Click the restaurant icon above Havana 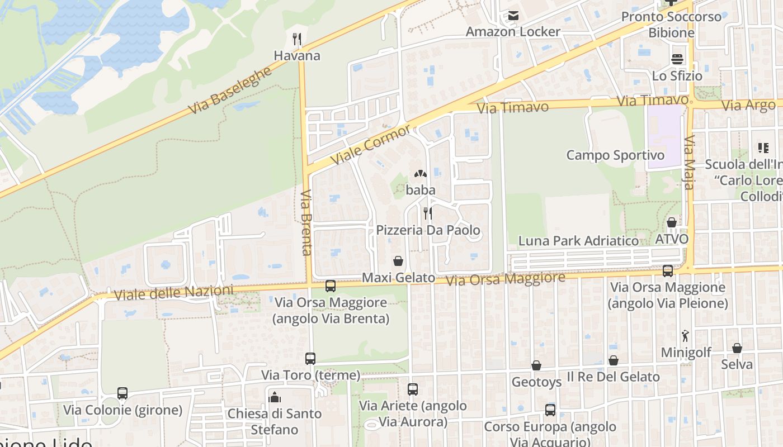(x=297, y=39)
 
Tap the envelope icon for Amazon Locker (x=513, y=16)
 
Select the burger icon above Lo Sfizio (x=677, y=59)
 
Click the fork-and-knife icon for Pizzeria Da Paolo (x=428, y=213)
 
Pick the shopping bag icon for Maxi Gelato (x=398, y=261)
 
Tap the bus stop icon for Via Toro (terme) (x=310, y=358)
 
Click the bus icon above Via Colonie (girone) (x=122, y=393)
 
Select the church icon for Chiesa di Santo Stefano (x=275, y=397)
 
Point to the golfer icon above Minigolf (x=686, y=336)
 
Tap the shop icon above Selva (x=737, y=348)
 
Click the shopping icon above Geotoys (x=536, y=365)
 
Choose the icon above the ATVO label (x=672, y=222)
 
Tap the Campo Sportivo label (x=615, y=155)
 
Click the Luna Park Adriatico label (x=578, y=241)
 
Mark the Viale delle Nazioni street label (x=173, y=292)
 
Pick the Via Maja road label (x=689, y=162)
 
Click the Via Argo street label (x=748, y=105)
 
